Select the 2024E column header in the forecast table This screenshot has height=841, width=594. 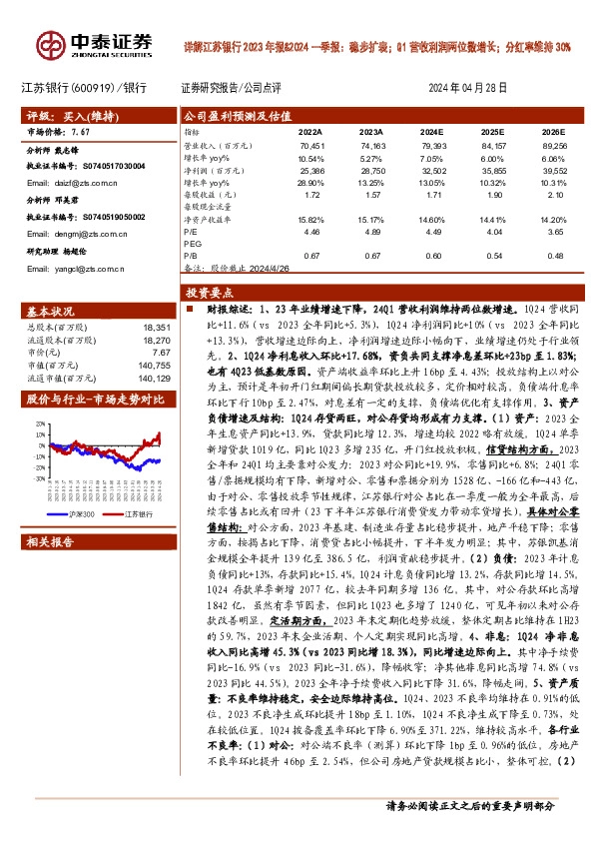[x=431, y=131]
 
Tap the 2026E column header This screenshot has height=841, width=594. [x=552, y=131]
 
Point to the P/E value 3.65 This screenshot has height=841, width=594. [x=555, y=229]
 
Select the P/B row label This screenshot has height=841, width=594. [x=190, y=256]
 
